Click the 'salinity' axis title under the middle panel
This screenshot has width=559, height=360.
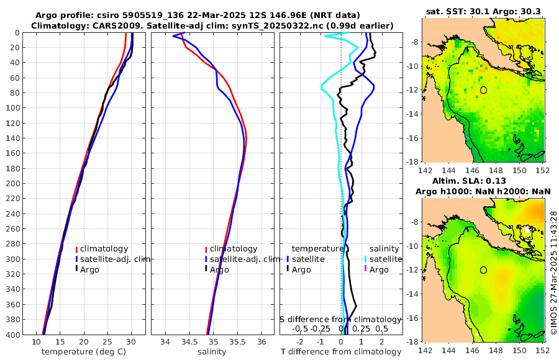tap(212, 352)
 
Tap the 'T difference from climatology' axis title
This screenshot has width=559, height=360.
tap(342, 352)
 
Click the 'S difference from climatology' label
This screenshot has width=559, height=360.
tap(340, 319)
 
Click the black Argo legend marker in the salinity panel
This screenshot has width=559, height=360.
tap(206, 269)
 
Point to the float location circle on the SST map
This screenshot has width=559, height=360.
tap(483, 90)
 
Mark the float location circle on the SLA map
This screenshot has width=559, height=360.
tap(483, 270)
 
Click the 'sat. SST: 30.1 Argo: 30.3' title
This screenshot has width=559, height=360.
tap(483, 11)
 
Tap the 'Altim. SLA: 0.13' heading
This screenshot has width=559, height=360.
tap(483, 181)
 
